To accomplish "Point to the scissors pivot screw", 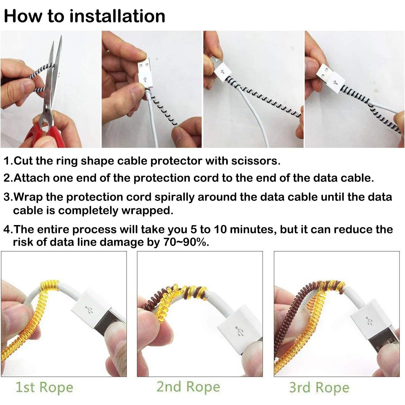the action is [x=47, y=108].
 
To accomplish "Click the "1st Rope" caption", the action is [x=44, y=387].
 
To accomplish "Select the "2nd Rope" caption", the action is [x=188, y=387].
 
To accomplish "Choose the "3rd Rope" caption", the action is [x=319, y=387].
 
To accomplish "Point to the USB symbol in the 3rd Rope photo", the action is [x=368, y=320].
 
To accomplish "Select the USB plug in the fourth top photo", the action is [x=330, y=76].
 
